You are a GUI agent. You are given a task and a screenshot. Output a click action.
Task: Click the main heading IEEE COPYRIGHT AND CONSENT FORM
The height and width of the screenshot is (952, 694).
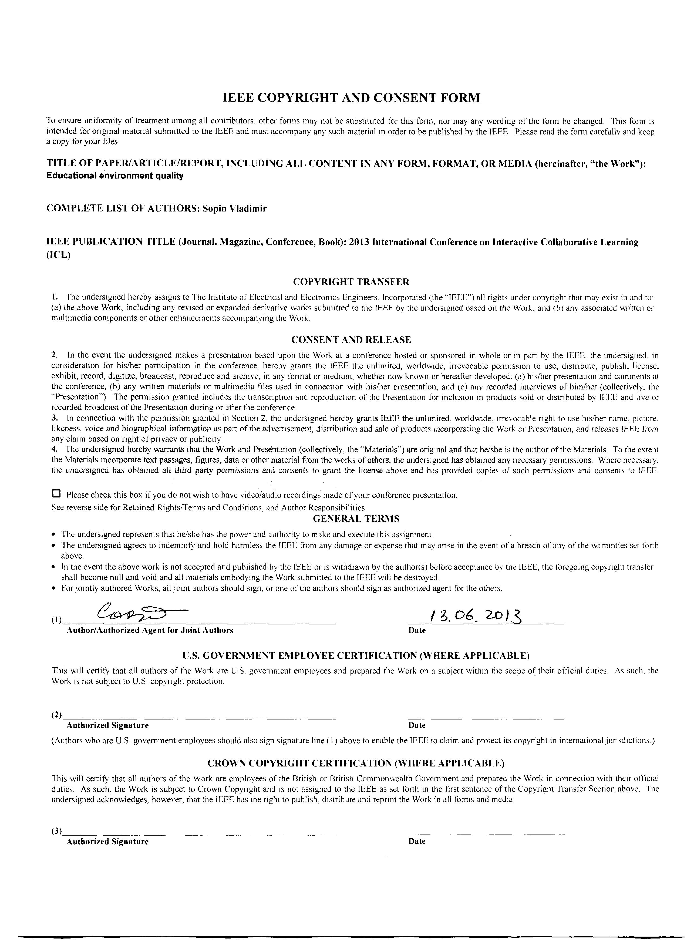pyautogui.click(x=351, y=98)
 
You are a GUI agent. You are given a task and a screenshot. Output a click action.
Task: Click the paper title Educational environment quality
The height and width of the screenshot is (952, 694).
pyautogui.click(x=115, y=176)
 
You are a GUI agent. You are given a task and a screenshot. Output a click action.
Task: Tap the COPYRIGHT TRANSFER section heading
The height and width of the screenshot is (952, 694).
pyautogui.click(x=351, y=281)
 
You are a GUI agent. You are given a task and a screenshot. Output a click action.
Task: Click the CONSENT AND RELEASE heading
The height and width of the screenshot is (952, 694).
pyautogui.click(x=351, y=339)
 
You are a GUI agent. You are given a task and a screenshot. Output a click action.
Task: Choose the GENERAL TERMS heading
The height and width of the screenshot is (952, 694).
pyautogui.click(x=356, y=519)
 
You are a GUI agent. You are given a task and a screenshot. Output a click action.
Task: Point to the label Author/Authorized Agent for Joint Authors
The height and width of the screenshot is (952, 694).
pyautogui.click(x=150, y=630)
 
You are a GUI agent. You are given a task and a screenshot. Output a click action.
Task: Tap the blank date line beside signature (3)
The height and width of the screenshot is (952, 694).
pyautogui.click(x=486, y=833)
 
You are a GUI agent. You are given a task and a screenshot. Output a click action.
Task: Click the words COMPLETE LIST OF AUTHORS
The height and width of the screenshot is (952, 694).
pyautogui.click(x=122, y=209)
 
